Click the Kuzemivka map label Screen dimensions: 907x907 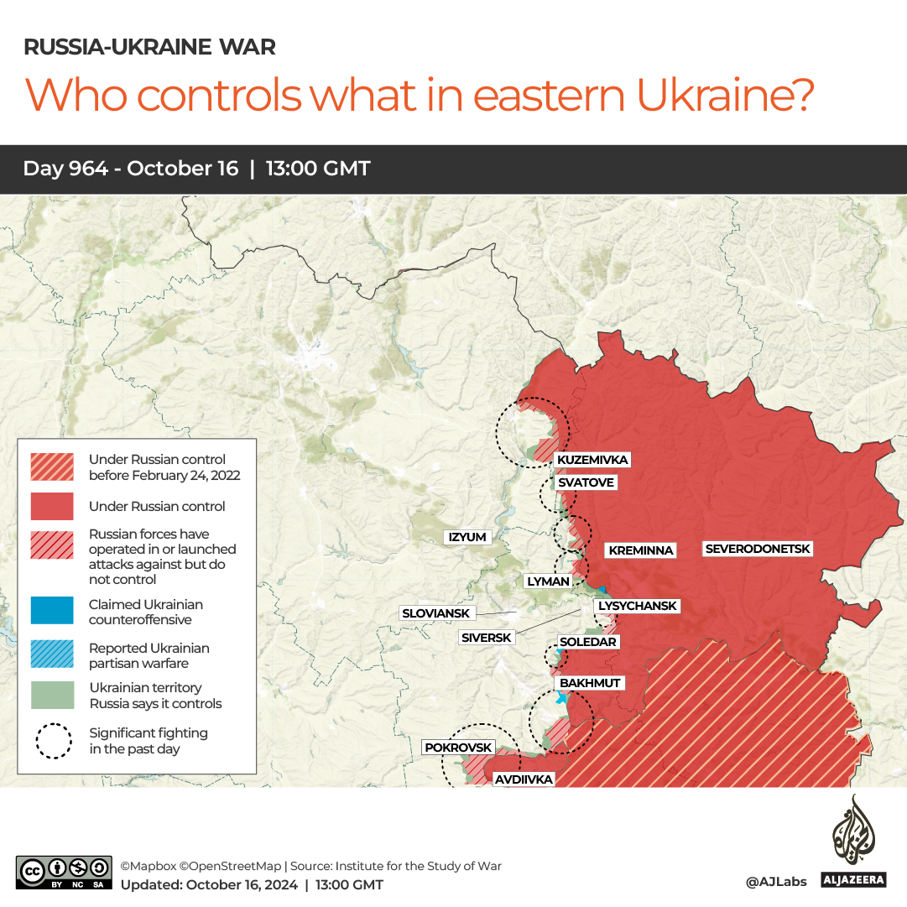pos(592,460)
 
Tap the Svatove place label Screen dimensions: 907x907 pos(586,482)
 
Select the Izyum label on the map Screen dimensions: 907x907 pos(467,537)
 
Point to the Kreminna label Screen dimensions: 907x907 pos(641,550)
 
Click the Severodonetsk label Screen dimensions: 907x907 pos(758,549)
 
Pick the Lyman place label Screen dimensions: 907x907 pos(548,581)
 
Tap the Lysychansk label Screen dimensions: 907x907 pos(637,606)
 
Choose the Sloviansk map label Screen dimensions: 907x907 pos(436,613)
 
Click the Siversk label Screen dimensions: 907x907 pos(487,638)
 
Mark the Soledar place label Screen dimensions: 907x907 pos(587,642)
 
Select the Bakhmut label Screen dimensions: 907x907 pos(590,683)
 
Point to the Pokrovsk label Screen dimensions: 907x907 pos(458,747)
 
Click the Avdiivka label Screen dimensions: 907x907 pos(524,779)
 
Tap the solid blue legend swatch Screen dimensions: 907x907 pos(52,611)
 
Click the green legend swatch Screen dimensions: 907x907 pos(52,695)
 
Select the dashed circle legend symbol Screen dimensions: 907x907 pos(52,740)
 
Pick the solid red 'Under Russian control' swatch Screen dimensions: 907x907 pos(52,507)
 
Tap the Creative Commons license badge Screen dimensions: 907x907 pos(64,873)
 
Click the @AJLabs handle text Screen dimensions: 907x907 pos(776,882)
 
